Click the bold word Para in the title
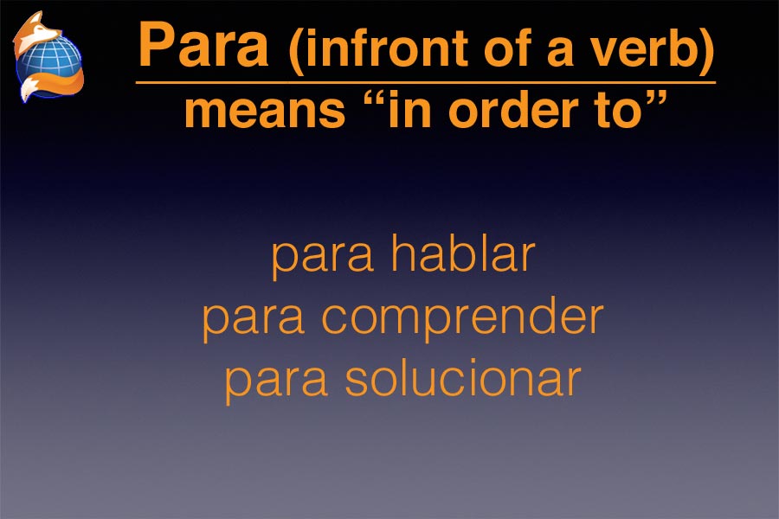pyautogui.click(x=203, y=45)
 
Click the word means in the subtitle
pyautogui.click(x=264, y=112)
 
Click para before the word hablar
pyautogui.click(x=323, y=259)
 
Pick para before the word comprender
pyautogui.click(x=254, y=321)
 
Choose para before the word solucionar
pyautogui.click(x=276, y=382)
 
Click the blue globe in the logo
pyautogui.click(x=49, y=59)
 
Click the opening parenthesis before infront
pyautogui.click(x=296, y=49)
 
